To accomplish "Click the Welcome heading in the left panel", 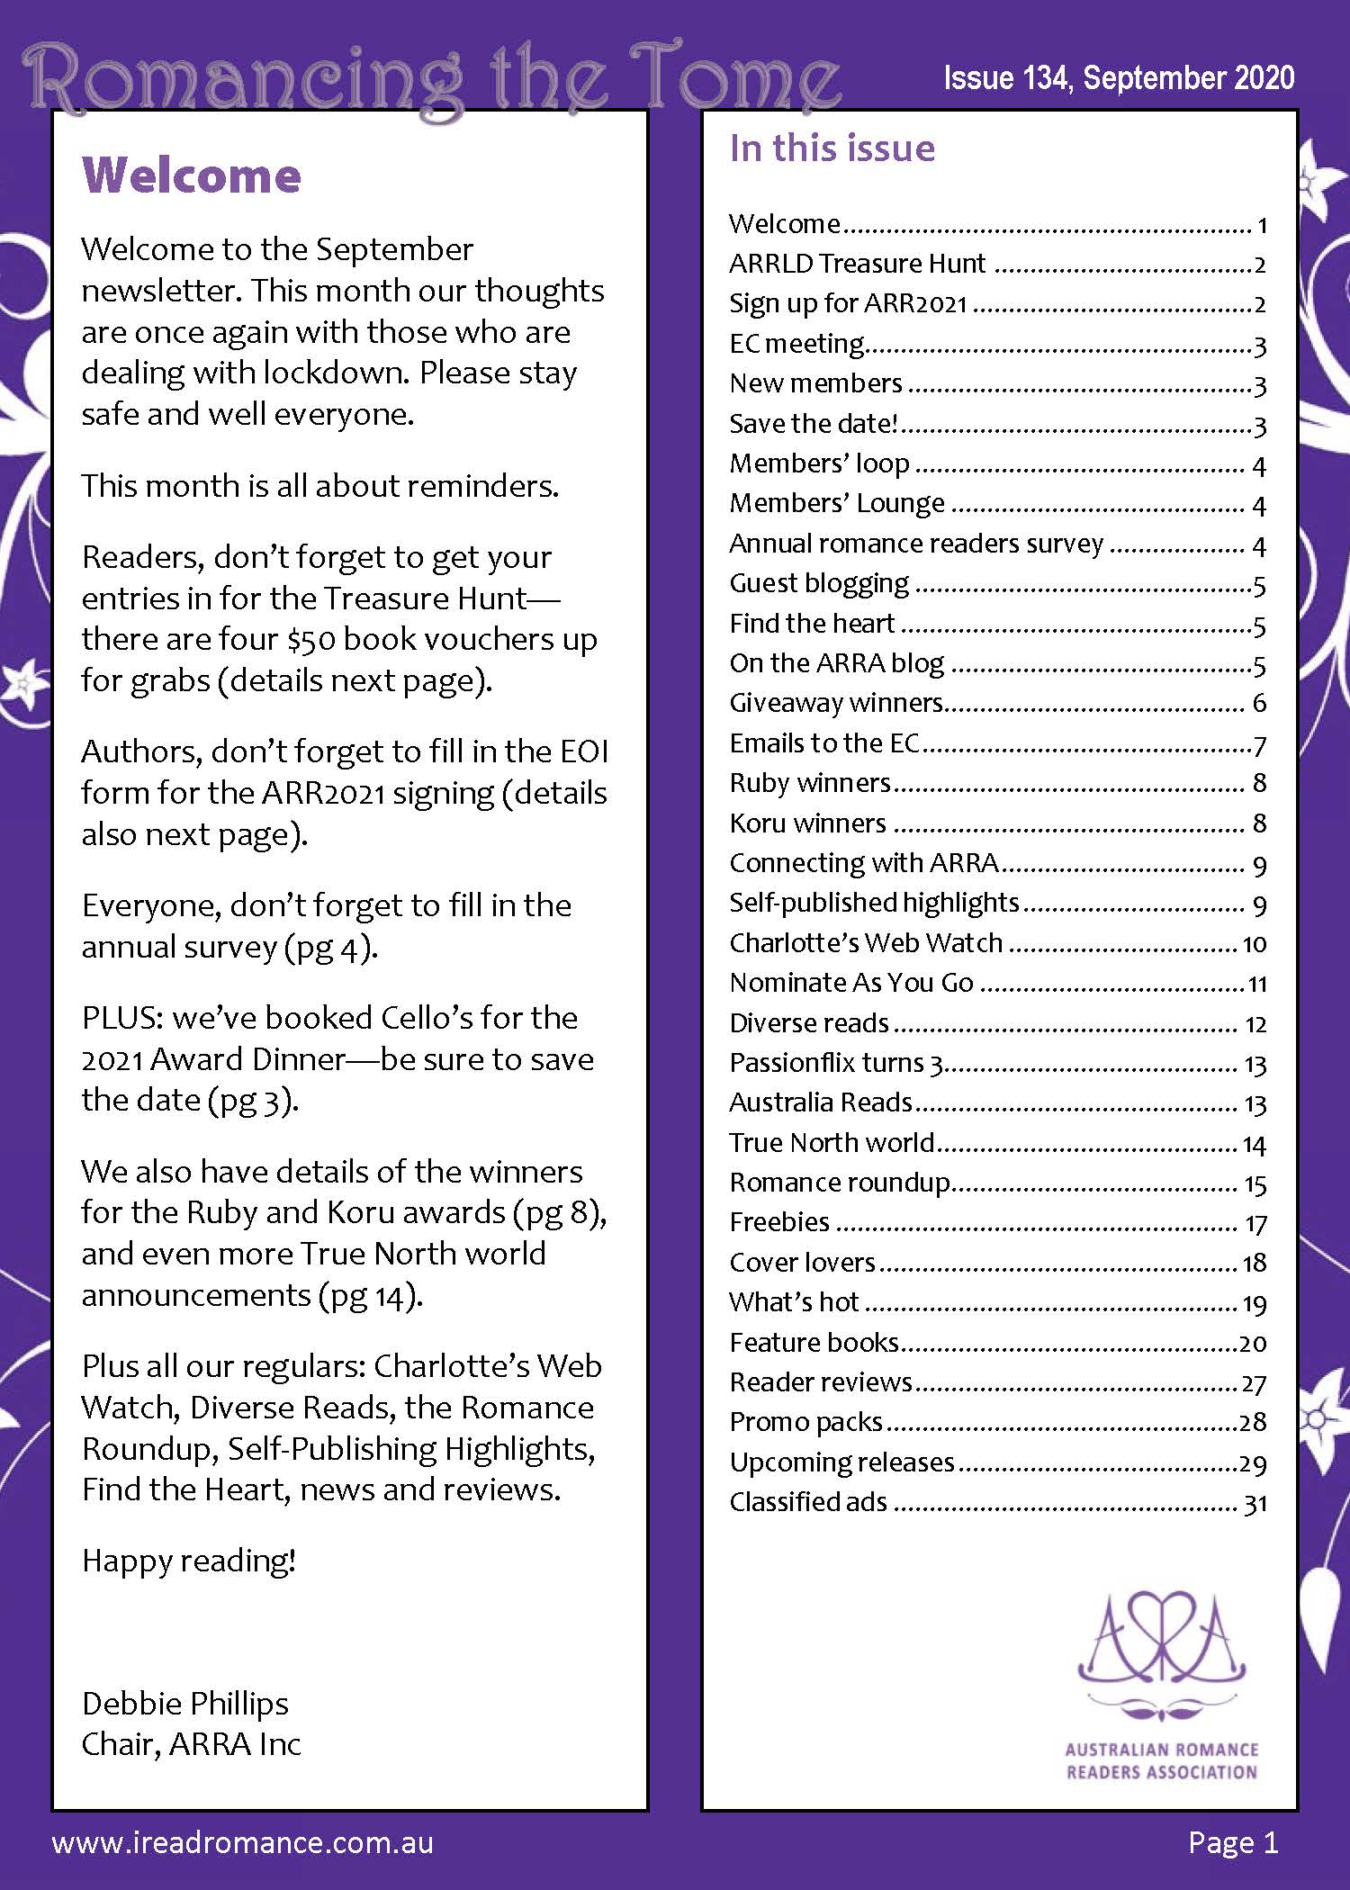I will tap(191, 175).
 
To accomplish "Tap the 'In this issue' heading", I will tap(832, 148).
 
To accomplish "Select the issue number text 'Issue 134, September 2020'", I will tap(1119, 79).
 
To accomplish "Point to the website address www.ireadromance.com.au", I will tap(243, 1843).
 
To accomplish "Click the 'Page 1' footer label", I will tap(1233, 1842).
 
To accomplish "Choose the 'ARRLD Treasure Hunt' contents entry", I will tap(857, 264).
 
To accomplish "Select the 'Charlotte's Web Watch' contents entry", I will tap(866, 942).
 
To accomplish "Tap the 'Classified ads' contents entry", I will tap(808, 1502).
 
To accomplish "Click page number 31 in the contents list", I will tap(1255, 1503).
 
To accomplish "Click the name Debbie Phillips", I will tap(184, 1704).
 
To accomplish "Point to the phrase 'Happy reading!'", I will tap(189, 1561).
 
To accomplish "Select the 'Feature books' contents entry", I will tap(814, 1342).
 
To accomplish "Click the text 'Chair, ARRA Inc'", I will tap(191, 1744).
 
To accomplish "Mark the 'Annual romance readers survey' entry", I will tap(916, 544).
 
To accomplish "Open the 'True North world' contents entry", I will tap(832, 1142).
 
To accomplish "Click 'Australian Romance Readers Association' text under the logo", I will tap(1161, 1761).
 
